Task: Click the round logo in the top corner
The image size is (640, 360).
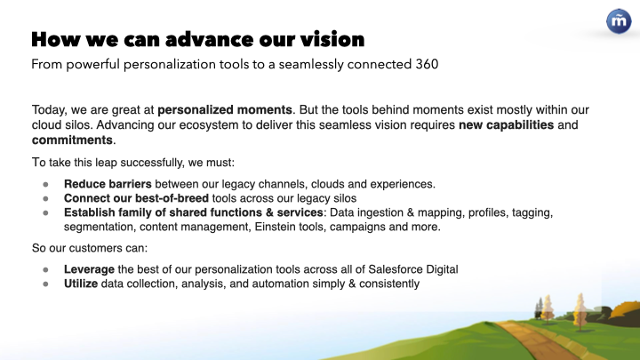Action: [619, 21]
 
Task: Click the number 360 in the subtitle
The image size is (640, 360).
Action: [427, 65]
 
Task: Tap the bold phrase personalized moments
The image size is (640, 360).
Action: [225, 110]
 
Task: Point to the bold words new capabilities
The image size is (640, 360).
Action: [506, 125]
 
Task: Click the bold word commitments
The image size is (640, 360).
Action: [72, 140]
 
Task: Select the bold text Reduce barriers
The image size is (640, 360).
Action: [108, 184]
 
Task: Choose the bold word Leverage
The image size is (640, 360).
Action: [89, 270]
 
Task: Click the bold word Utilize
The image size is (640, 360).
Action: [81, 284]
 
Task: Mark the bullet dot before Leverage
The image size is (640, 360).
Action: [45, 270]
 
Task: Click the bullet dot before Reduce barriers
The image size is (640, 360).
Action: [45, 185]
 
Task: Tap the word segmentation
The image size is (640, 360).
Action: [99, 227]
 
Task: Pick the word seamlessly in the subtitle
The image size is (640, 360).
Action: [311, 65]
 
